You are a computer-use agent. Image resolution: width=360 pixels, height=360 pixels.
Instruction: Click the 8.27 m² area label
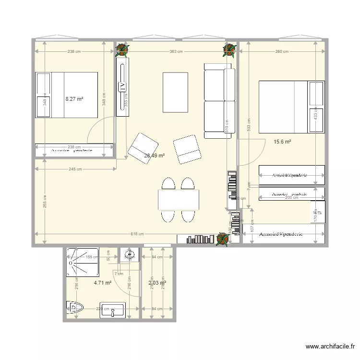(74, 99)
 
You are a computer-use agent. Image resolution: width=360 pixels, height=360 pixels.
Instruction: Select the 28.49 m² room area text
(155, 156)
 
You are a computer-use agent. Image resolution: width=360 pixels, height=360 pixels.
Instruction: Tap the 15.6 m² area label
(282, 142)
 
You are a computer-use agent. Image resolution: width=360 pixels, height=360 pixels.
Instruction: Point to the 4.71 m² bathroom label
(103, 283)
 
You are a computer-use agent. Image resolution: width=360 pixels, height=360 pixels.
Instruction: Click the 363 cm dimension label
(176, 52)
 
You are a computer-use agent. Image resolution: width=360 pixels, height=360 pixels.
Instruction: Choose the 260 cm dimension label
(282, 52)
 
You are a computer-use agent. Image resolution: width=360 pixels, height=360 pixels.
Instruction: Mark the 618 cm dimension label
(137, 234)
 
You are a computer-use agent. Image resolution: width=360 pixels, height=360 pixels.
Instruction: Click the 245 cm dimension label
(74, 168)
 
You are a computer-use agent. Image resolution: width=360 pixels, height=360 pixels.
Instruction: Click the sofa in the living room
(219, 100)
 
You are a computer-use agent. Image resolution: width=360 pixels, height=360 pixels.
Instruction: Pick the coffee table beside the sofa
(176, 92)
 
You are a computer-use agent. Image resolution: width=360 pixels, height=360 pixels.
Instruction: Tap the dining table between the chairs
(179, 200)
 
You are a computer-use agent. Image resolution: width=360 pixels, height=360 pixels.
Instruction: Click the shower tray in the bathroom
(83, 262)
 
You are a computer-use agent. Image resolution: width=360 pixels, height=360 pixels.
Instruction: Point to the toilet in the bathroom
(74, 307)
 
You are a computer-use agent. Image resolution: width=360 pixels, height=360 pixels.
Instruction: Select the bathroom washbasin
(112, 311)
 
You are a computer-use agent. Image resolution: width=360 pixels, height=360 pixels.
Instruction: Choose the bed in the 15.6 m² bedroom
(291, 107)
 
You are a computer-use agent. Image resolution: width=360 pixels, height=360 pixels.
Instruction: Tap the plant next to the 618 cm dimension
(222, 239)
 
